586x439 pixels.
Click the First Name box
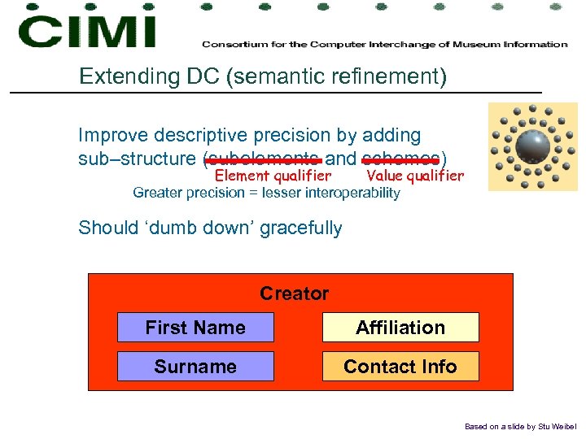pos(195,328)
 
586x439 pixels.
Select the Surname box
pos(195,367)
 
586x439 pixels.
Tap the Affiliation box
pos(400,328)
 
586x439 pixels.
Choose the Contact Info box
pos(400,367)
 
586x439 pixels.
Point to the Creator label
pos(294,293)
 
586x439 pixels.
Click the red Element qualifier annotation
pos(273,176)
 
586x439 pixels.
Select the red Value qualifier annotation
pos(415,176)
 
